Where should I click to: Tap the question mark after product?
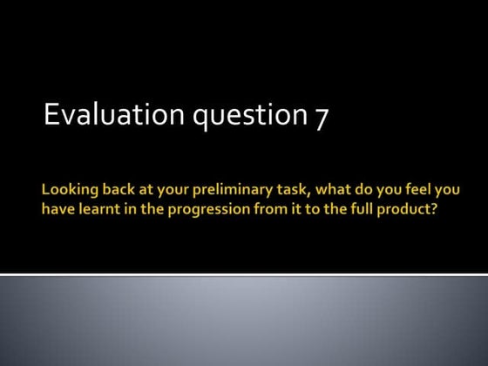click(x=432, y=209)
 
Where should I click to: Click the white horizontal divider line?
click(x=244, y=274)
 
